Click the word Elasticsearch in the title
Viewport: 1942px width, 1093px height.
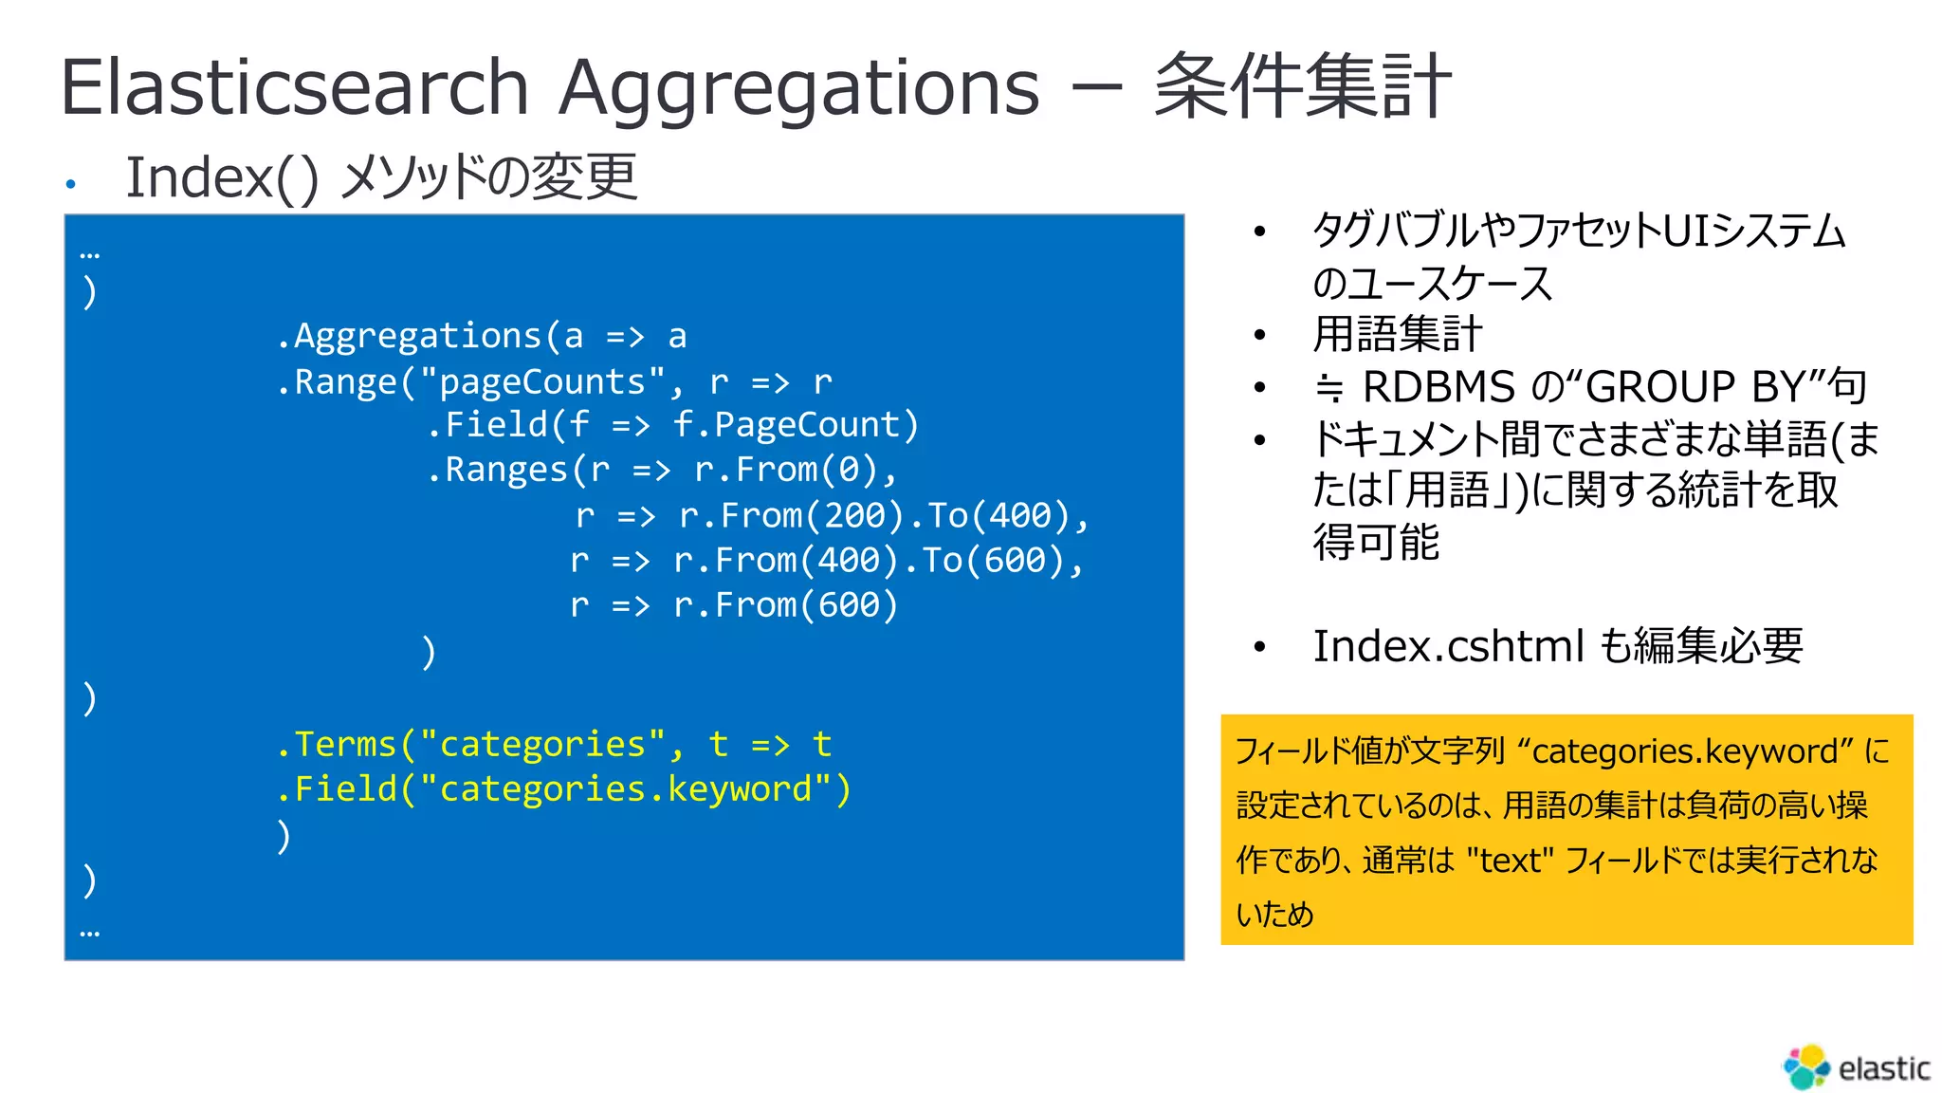tap(294, 87)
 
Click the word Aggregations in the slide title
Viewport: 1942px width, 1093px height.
tap(798, 87)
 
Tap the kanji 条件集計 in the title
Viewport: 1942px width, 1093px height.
tap(1302, 87)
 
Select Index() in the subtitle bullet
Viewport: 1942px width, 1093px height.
tap(222, 177)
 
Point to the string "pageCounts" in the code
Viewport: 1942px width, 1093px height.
tap(542, 381)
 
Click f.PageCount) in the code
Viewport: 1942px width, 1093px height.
tap(795, 424)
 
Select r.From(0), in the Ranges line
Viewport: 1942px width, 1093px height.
tap(795, 470)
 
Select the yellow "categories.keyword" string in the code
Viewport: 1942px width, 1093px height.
tap(626, 789)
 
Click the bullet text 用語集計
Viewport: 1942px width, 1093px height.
tap(1397, 334)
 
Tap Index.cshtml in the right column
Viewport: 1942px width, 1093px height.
tap(1447, 646)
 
